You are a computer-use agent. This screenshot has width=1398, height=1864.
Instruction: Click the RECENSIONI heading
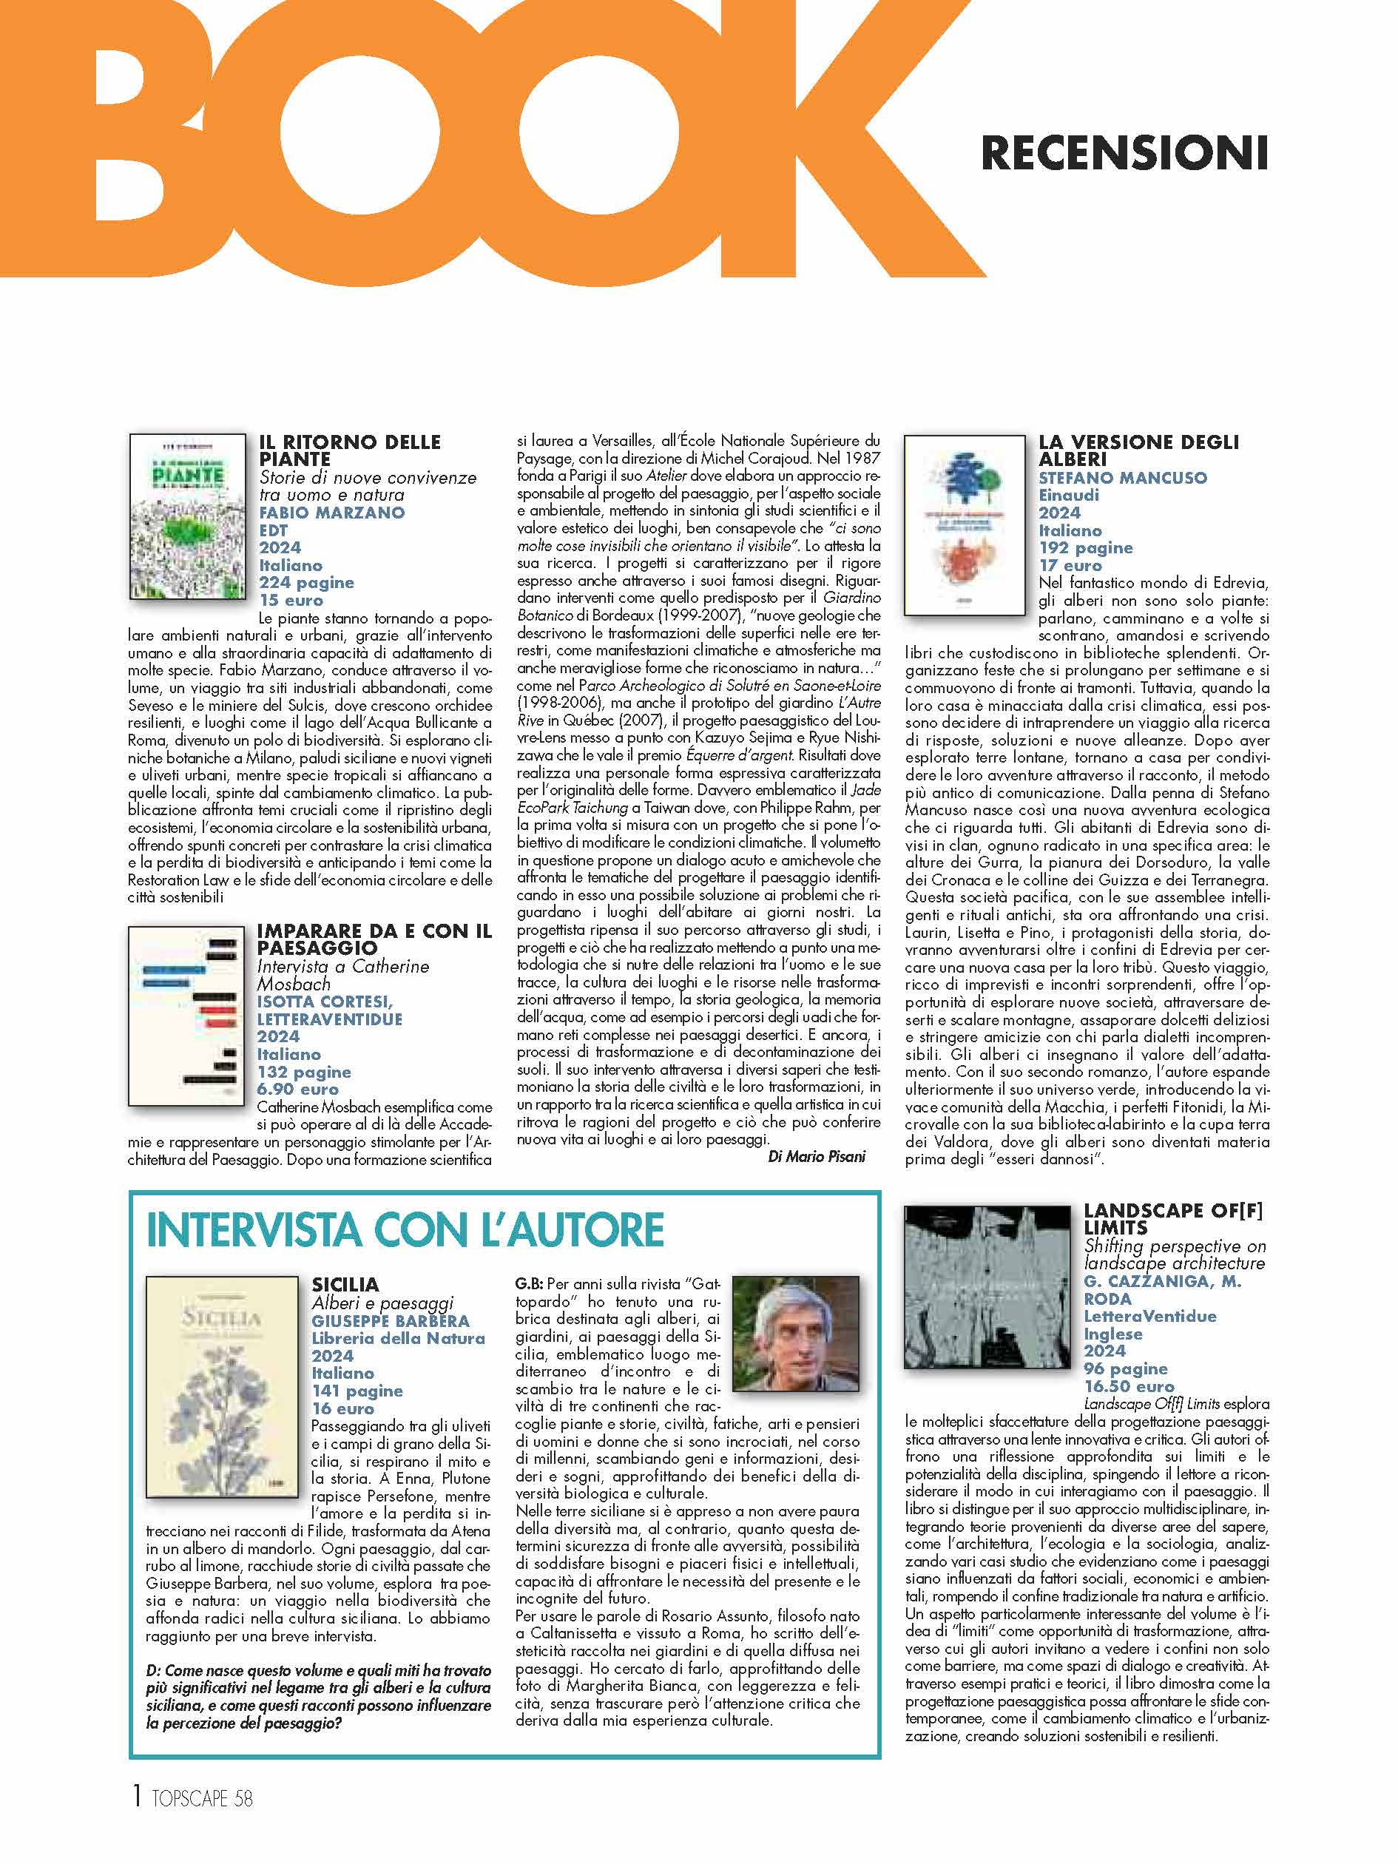pos(1124,152)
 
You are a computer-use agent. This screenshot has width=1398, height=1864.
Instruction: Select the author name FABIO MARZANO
pos(331,513)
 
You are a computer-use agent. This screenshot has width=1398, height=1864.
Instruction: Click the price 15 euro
pos(291,600)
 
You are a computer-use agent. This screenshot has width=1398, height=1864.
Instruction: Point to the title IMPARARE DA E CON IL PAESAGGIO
pos(374,939)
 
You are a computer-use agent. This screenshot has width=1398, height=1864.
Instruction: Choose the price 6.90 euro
pos(297,1089)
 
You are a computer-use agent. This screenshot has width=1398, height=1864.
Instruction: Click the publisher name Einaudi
pos(1069,496)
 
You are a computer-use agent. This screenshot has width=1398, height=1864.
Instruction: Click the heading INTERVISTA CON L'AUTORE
pos(405,1229)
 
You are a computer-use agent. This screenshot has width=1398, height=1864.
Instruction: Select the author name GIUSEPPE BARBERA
pos(390,1320)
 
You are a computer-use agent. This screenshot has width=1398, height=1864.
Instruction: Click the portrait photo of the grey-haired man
pos(794,1337)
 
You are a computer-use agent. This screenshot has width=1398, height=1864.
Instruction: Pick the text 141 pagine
pos(357,1391)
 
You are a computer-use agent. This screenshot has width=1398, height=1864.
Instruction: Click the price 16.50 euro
pos(1128,1386)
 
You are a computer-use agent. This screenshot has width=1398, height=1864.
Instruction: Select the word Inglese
pos(1112,1334)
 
